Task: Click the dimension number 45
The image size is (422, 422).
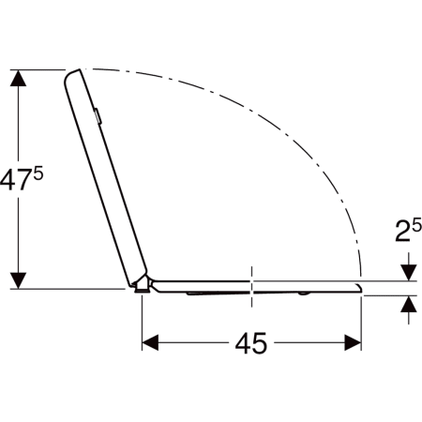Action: [x=251, y=343]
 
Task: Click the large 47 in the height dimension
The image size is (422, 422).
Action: [x=15, y=180]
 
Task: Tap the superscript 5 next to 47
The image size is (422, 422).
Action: [x=38, y=173]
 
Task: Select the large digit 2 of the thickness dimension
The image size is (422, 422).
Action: [x=402, y=232]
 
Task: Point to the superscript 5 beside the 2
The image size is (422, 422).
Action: [x=416, y=225]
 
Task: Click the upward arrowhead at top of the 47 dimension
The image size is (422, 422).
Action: [x=18, y=78]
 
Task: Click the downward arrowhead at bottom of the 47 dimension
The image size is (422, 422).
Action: [x=18, y=280]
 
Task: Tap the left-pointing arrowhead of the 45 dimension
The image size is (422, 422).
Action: [x=150, y=342]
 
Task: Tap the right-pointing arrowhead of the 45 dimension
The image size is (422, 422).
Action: [x=353, y=342]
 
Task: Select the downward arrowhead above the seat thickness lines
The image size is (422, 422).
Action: [x=409, y=272]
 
